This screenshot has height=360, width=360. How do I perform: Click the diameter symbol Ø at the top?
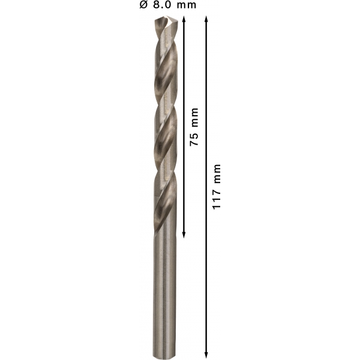click(143, 5)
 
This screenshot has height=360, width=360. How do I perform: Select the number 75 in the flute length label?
click(194, 139)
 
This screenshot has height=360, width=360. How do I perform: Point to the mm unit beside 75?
click(194, 118)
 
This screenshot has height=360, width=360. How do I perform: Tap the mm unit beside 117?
click(217, 174)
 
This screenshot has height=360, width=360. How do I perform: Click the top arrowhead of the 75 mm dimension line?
click(184, 19)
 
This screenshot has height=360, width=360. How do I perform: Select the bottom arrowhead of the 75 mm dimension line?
click(184, 235)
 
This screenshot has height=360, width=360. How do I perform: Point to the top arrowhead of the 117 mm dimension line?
click(206, 19)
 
